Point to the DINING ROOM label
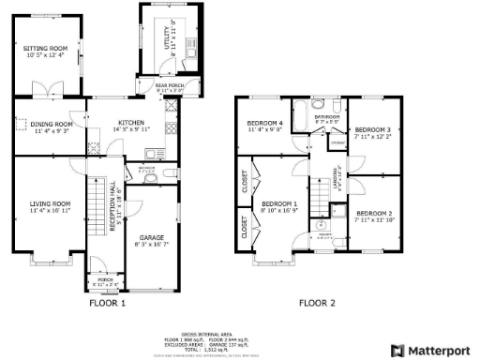pyautogui.click(x=51, y=124)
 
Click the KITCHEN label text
pyautogui.click(x=130, y=123)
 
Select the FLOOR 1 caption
pyautogui.click(x=108, y=303)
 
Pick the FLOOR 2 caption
pyautogui.click(x=316, y=303)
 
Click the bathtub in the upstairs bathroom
pyautogui.click(x=301, y=118)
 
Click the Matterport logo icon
pyautogui.click(x=397, y=351)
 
